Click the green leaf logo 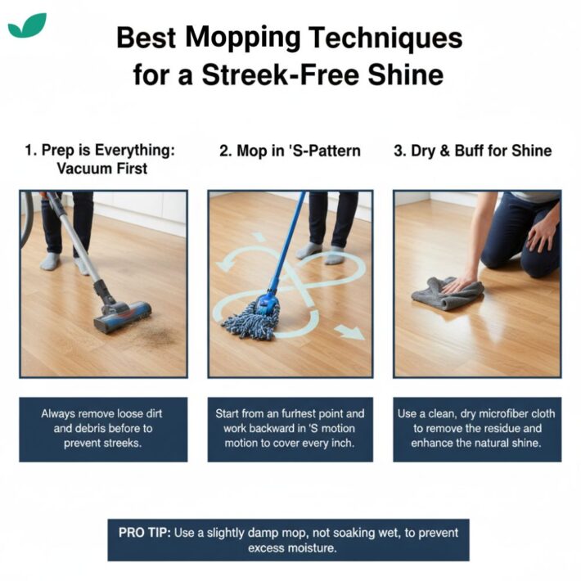pos(27,25)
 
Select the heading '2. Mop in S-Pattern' pos(290,151)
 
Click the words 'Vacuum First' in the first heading pos(103,169)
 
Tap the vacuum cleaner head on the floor pos(122,315)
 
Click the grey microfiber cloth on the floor pos(447,293)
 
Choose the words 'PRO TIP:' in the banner pos(144,532)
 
